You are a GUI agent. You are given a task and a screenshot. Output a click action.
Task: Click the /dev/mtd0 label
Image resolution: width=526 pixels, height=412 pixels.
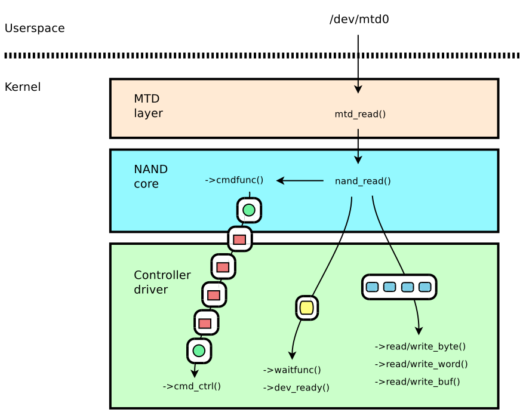point(359,20)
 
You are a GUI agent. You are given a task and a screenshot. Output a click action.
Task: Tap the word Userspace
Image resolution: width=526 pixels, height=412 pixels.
point(34,28)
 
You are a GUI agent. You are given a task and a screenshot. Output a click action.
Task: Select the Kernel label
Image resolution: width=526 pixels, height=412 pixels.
point(23,87)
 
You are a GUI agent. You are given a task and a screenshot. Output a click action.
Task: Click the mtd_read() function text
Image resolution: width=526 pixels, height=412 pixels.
point(360,114)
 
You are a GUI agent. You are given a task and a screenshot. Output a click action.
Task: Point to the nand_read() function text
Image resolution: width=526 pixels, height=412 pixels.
point(362,181)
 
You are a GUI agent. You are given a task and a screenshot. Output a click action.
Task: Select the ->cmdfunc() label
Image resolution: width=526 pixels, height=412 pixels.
point(234,180)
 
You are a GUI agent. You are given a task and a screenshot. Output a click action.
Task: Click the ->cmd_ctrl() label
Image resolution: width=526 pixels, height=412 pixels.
point(192,386)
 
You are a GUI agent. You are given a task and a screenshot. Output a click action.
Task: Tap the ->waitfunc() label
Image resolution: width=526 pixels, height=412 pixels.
point(292,370)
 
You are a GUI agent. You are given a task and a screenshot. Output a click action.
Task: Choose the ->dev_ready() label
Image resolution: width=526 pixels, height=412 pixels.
point(296,388)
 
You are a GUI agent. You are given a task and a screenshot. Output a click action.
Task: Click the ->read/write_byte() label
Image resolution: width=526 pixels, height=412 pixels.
point(420,346)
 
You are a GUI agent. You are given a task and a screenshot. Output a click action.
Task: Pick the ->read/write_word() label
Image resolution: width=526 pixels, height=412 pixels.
point(421,364)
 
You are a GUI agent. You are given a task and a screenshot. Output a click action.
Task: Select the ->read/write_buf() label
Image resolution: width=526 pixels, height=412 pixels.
point(417,382)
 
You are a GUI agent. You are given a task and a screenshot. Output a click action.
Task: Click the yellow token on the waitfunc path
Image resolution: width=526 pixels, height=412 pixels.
point(306,308)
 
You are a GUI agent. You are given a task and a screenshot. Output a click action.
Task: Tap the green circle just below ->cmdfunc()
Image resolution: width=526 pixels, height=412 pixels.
point(249,210)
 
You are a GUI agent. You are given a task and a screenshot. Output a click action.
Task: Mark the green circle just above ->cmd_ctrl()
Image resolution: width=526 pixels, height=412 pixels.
point(199,350)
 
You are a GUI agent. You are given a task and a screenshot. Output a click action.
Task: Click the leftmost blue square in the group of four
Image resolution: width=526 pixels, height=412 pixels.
point(372,287)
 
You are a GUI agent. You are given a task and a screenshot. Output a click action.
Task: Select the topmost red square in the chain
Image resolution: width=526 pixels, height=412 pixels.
point(239,239)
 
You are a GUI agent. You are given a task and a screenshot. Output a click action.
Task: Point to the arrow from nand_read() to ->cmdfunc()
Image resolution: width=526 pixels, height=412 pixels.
point(300,180)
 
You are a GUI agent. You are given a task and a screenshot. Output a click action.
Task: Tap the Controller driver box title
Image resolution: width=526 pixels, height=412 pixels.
point(162,282)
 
